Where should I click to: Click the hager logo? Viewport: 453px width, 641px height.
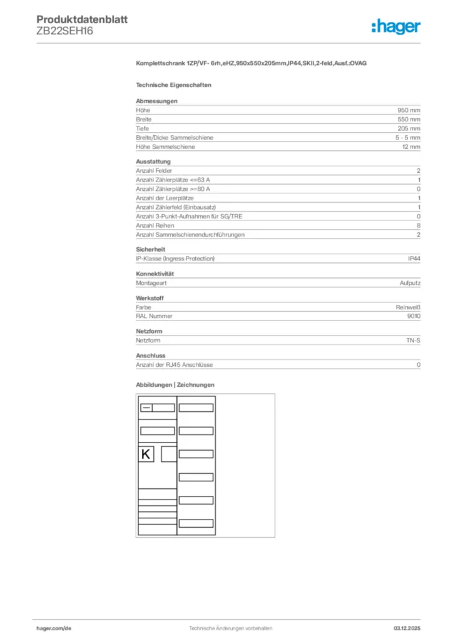(x=396, y=26)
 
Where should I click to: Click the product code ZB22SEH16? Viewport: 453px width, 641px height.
(x=65, y=31)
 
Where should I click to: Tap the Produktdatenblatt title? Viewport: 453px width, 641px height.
(x=82, y=19)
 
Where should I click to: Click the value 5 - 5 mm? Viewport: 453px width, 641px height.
(x=408, y=137)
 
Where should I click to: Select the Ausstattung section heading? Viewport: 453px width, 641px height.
(x=153, y=162)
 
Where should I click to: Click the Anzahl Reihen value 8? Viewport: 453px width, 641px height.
(x=419, y=225)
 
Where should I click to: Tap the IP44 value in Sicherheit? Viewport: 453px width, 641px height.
(x=414, y=259)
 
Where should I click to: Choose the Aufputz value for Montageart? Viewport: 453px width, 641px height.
(x=410, y=283)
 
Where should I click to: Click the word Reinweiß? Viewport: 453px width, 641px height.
(x=408, y=307)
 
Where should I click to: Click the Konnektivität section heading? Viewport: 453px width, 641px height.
(x=155, y=274)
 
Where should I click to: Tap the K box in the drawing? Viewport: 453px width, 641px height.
(x=146, y=454)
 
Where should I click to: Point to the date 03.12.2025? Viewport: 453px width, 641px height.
(x=407, y=628)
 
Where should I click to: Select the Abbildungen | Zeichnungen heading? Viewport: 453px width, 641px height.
(x=175, y=384)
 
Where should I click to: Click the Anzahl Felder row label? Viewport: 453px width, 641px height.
(x=154, y=170)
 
